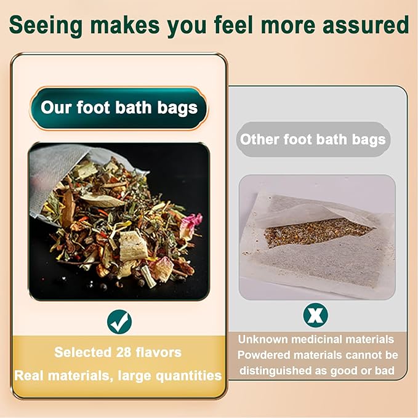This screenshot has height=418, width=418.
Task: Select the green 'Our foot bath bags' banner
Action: coord(119,108)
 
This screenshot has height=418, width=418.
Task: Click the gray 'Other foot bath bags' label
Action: coord(313,139)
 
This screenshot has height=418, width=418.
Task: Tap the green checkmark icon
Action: coord(119,321)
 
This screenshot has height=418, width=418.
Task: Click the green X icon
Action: coord(315,315)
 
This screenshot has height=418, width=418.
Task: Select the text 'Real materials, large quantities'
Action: coord(118,375)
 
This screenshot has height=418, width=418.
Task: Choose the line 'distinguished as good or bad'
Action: coord(315,371)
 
